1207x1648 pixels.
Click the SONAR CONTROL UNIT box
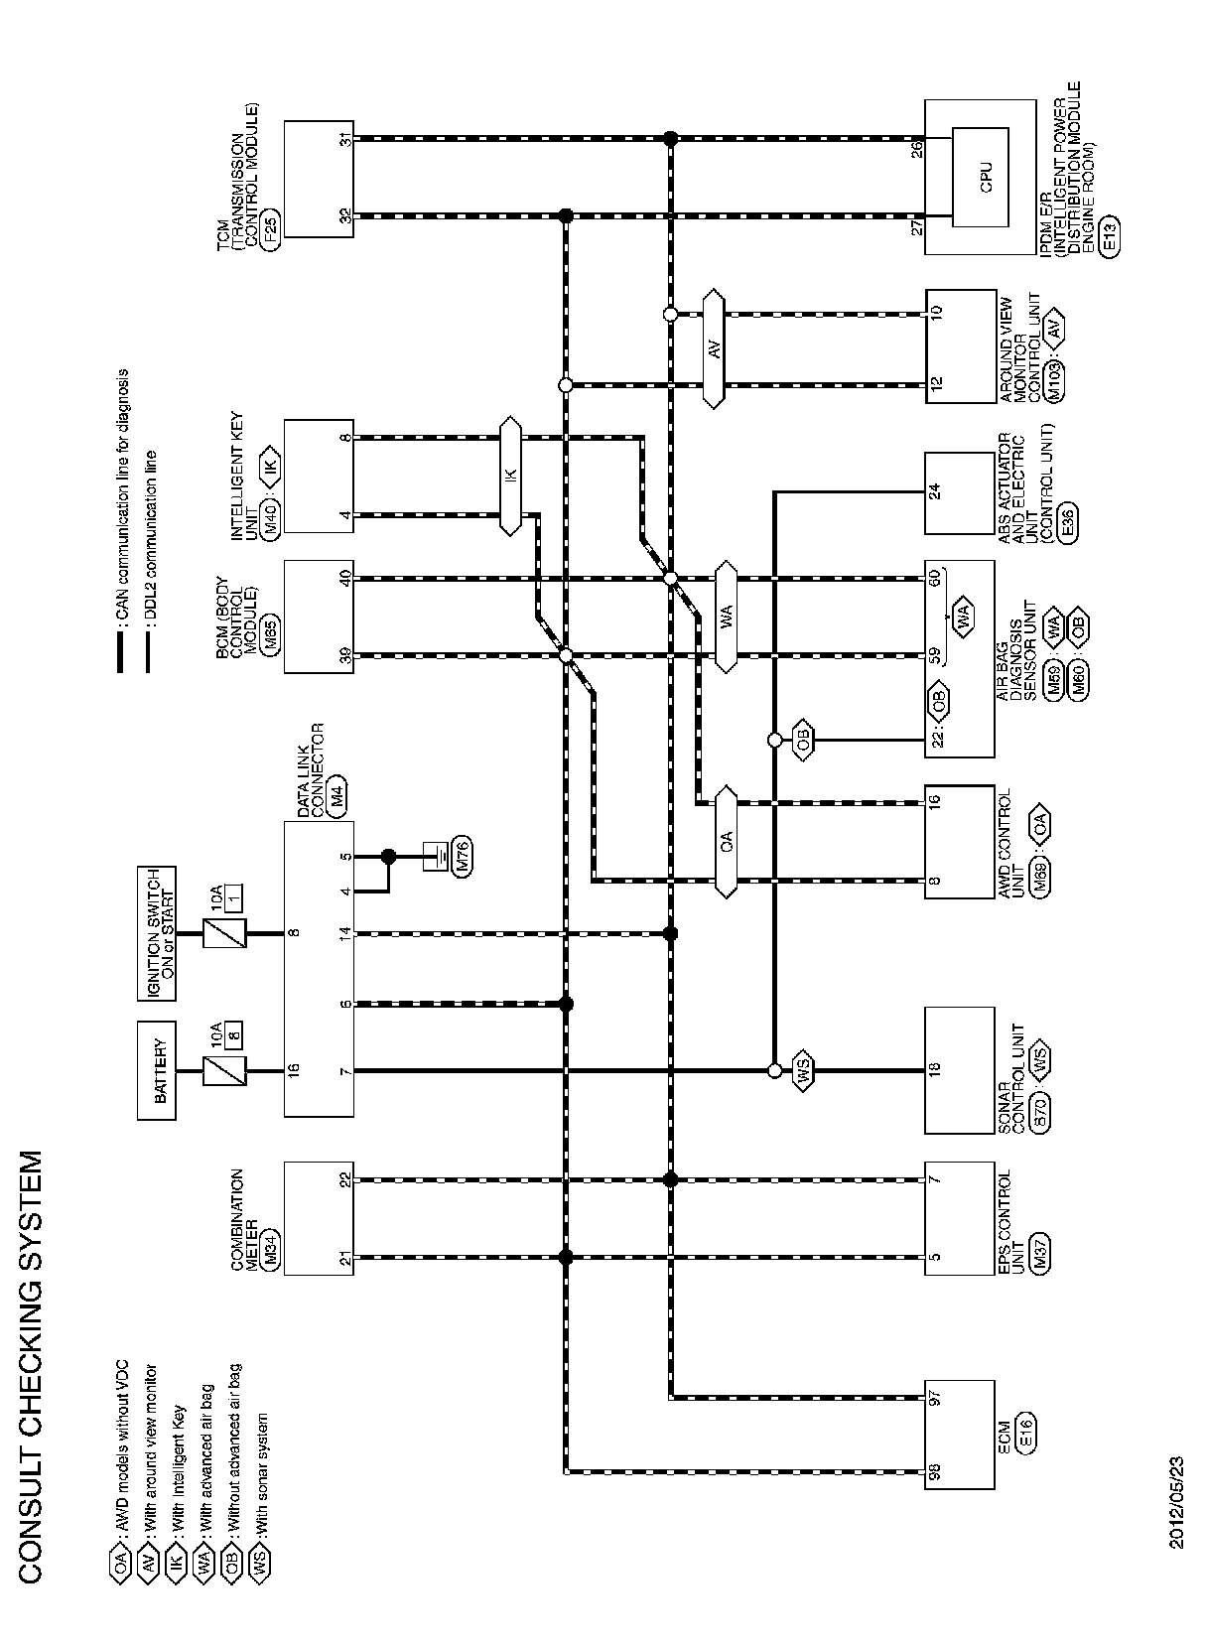(x=959, y=1070)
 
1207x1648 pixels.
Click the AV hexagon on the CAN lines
(x=714, y=348)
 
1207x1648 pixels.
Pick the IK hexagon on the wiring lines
(x=510, y=476)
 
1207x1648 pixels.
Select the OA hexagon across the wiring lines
(x=727, y=842)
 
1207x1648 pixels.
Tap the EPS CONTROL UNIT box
(x=959, y=1220)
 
